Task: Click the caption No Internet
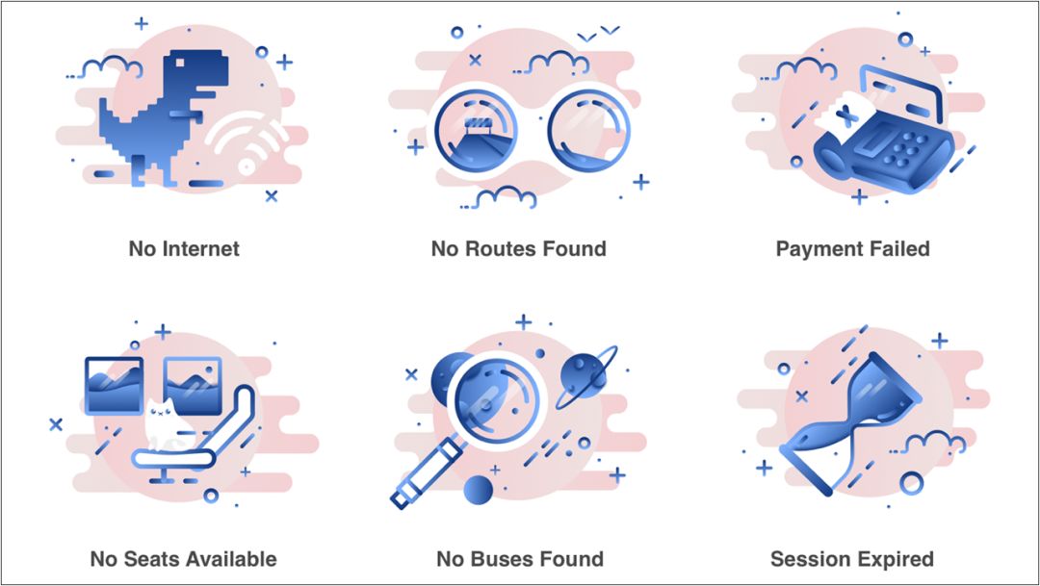(x=184, y=248)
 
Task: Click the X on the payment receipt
(x=846, y=117)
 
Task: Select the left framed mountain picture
(x=114, y=385)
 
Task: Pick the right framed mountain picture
(x=194, y=385)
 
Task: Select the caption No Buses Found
(x=519, y=558)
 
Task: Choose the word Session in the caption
(x=808, y=558)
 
